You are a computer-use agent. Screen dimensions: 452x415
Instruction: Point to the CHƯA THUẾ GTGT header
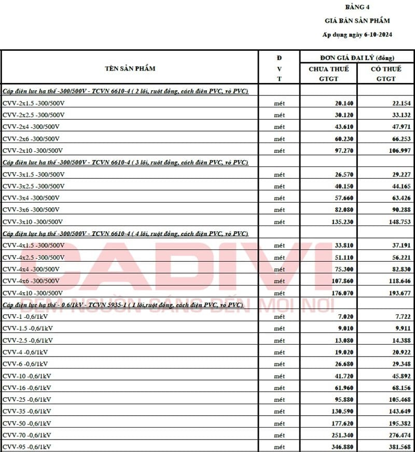(328, 74)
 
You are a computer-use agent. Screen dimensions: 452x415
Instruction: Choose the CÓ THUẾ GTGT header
(386, 74)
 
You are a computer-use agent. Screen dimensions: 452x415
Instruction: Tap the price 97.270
(342, 150)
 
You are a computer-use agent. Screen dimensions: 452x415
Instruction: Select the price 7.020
(344, 317)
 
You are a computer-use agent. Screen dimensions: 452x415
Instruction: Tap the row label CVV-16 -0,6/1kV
(26, 388)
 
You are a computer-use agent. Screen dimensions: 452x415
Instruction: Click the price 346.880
(340, 447)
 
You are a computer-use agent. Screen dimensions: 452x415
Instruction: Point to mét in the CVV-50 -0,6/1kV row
(279, 423)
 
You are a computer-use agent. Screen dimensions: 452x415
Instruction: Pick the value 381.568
(398, 447)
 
